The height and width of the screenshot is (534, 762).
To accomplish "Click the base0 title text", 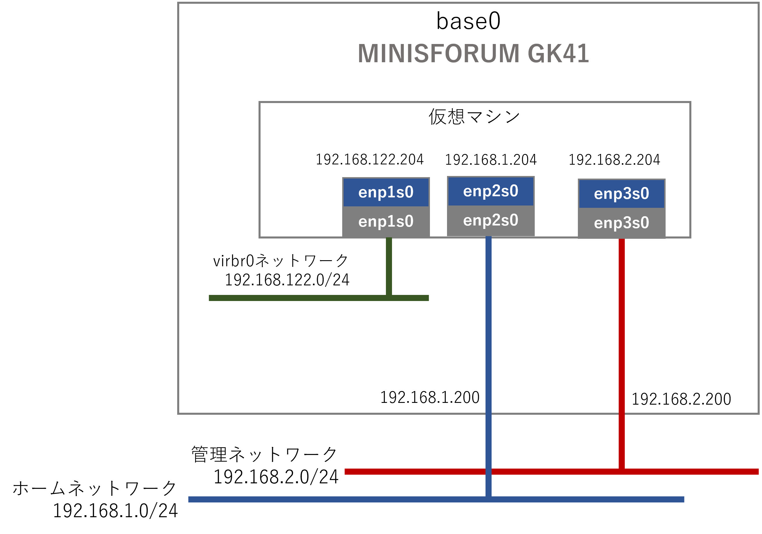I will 468,21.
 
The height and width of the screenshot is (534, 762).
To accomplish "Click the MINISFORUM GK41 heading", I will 473,54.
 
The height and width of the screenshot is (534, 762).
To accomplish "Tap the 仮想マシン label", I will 474,117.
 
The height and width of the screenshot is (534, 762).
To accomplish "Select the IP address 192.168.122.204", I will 369,160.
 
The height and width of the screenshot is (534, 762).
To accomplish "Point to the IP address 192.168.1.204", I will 490,160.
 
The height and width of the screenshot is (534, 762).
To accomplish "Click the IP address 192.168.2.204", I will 614,160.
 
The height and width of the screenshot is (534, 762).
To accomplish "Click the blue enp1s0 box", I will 386,192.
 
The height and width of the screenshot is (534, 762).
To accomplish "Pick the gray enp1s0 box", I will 386,221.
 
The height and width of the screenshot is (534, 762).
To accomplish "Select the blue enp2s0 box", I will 490,191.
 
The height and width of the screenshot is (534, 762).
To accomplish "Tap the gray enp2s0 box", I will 490,220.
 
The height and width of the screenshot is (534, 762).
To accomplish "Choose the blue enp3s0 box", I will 621,194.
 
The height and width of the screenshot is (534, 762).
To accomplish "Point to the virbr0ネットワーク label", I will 281,261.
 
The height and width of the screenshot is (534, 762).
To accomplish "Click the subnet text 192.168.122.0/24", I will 287,280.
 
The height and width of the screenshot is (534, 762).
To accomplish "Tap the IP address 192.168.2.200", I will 681,399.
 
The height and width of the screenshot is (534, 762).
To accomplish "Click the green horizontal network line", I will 299,298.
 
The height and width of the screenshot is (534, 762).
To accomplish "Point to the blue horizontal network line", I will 332,500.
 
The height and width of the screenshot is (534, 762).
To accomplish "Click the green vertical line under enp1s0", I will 389,265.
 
